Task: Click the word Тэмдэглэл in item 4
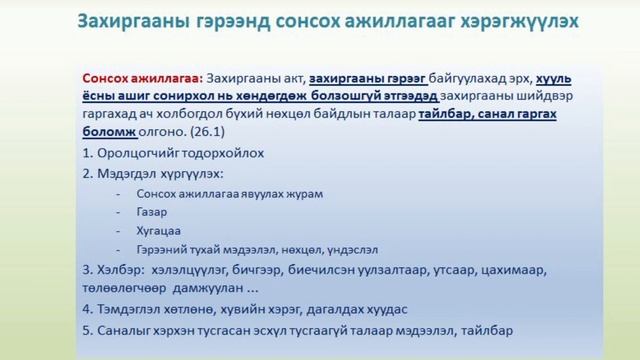[x=136, y=308]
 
